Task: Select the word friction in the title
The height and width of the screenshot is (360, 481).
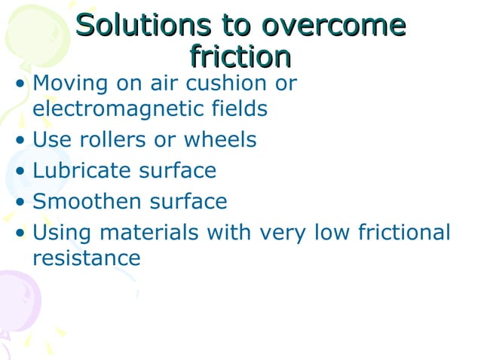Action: tap(240, 56)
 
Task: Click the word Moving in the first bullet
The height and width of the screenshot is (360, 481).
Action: tap(71, 82)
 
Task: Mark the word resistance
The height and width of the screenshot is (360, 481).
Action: tap(87, 258)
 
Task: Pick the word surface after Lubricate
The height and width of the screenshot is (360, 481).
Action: tap(179, 170)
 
